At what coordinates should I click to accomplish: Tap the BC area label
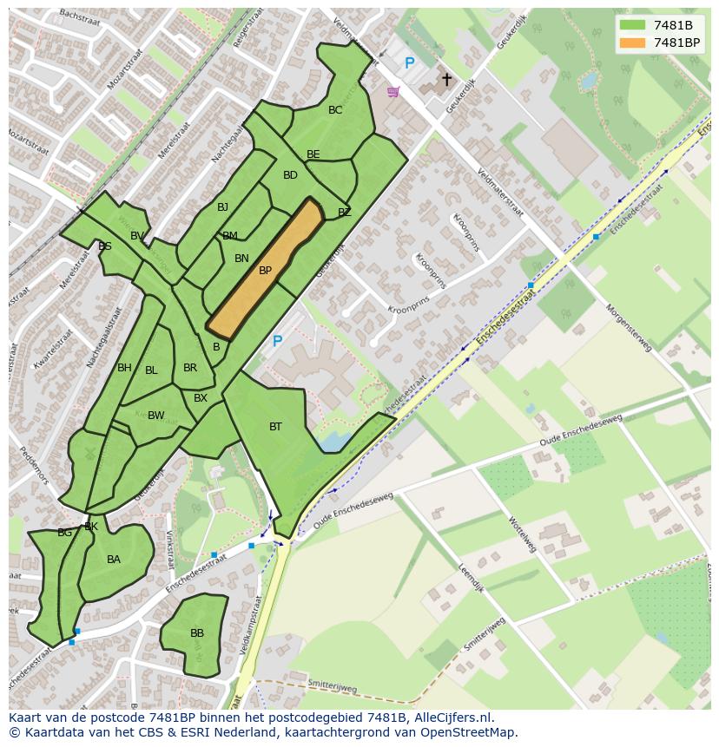[335, 110]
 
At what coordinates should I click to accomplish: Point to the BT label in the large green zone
[275, 427]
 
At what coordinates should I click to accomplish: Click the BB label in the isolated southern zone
[197, 633]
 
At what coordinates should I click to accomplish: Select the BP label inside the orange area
[266, 271]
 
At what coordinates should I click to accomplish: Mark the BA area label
[114, 560]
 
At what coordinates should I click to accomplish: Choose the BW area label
[156, 416]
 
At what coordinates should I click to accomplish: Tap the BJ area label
[223, 207]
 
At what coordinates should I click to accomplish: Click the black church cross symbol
[447, 80]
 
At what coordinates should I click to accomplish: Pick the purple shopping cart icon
[393, 91]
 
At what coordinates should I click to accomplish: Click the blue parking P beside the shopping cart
[410, 63]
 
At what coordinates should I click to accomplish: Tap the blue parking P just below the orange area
[278, 342]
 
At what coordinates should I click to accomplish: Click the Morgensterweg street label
[628, 327]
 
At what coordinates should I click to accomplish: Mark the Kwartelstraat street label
[45, 353]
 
